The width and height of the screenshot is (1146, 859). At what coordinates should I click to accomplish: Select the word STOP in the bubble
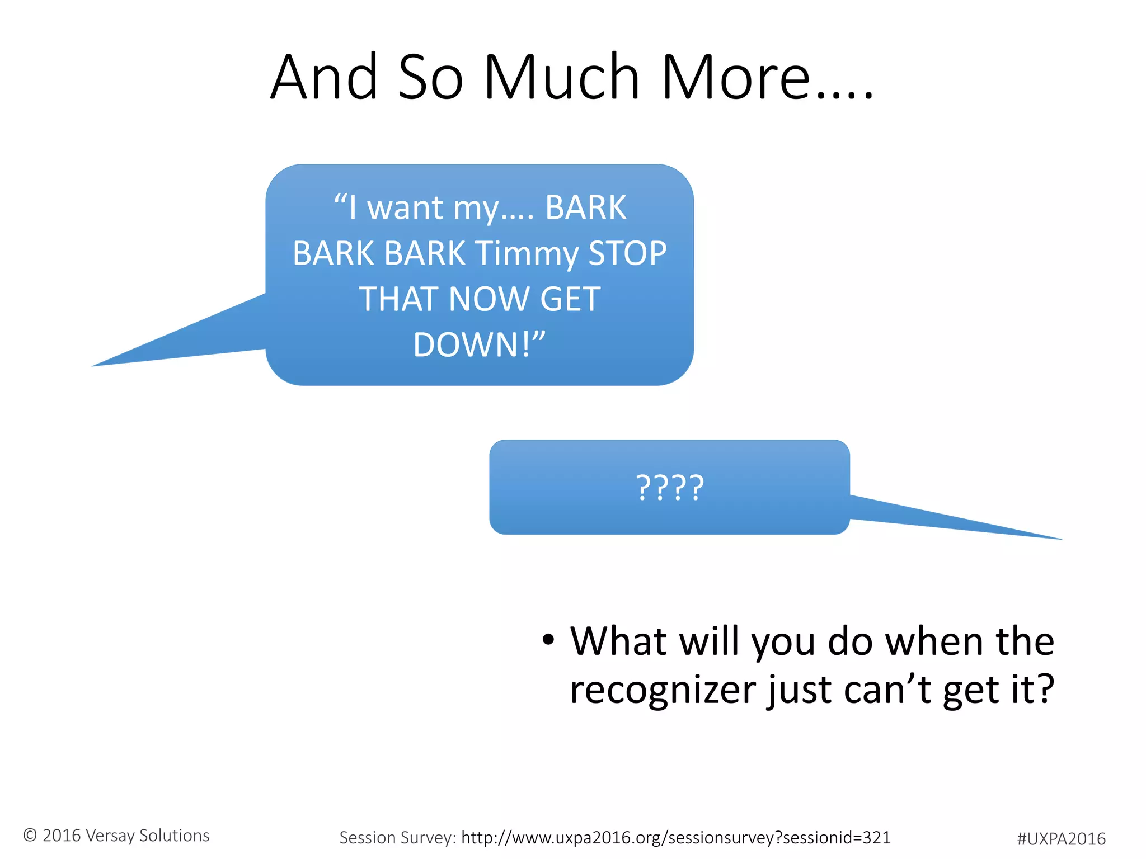tap(627, 253)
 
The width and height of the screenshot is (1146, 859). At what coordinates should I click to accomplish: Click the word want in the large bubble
tap(406, 207)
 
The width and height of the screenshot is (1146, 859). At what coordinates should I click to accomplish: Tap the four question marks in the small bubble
tap(670, 488)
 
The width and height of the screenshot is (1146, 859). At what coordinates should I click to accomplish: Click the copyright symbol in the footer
tap(30, 836)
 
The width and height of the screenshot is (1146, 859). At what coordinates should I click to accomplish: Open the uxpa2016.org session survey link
tap(675, 838)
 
